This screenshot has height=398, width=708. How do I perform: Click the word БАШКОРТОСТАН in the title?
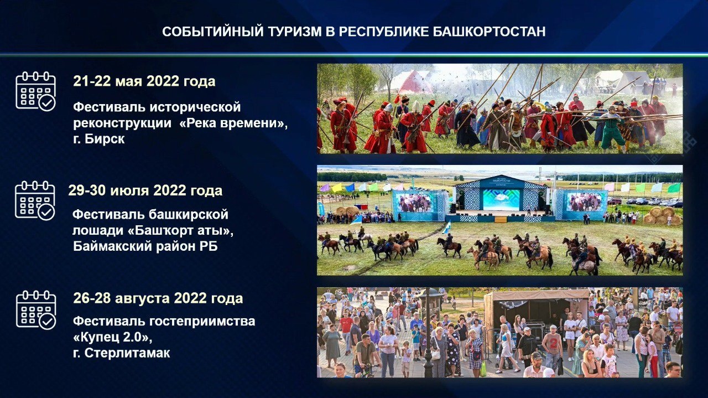click(x=489, y=32)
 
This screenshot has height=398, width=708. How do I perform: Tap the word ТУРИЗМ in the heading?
click(x=295, y=32)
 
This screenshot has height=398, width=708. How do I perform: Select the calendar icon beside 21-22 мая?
click(x=36, y=91)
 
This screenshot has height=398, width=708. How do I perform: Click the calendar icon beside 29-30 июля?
click(x=35, y=200)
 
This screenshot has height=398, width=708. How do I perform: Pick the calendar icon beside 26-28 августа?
click(x=36, y=310)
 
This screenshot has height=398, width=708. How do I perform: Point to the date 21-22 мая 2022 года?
click(x=144, y=81)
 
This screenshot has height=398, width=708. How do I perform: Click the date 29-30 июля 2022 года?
click(x=145, y=190)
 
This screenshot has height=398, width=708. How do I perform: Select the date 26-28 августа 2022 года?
click(x=158, y=298)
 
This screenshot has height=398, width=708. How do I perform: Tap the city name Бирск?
click(x=105, y=139)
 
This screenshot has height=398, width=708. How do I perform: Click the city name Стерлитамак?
click(x=127, y=353)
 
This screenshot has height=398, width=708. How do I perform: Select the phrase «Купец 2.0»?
click(x=111, y=337)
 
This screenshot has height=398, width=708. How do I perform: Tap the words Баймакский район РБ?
click(x=145, y=246)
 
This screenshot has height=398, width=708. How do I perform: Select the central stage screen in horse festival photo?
click(x=501, y=199)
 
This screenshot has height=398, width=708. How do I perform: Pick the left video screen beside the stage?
click(x=415, y=203)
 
